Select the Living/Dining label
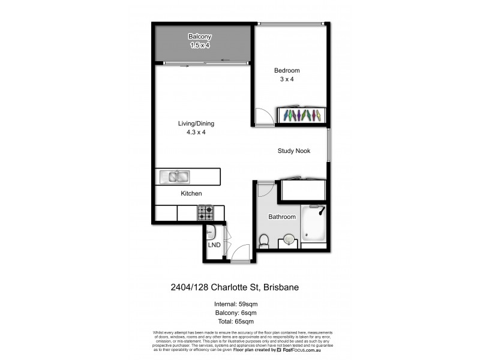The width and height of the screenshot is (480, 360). click(196, 124)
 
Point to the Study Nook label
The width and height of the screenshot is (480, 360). click(294, 151)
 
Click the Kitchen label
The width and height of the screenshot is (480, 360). click(191, 194)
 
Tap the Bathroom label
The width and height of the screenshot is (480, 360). click(282, 217)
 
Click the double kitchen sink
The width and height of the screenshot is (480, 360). click(175, 176)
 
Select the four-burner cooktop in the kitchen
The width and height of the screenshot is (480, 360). click(206, 212)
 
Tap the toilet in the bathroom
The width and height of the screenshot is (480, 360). click(263, 240)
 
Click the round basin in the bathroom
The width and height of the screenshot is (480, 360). click(289, 239)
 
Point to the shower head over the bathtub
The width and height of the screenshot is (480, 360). click(322, 210)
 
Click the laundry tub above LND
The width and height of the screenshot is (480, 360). click(211, 231)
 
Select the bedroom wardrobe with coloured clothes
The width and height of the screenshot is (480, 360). click(302, 115)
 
